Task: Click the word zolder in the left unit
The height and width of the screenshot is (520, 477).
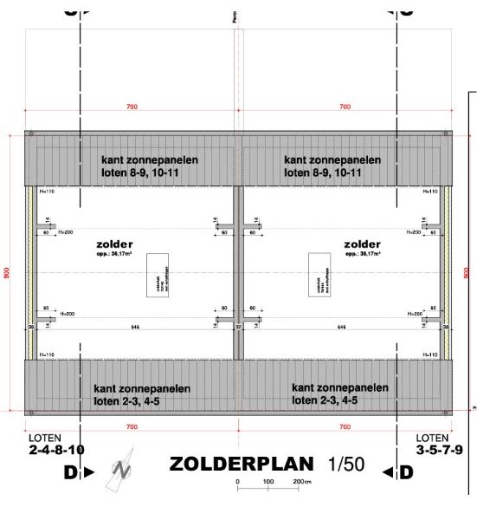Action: [x=114, y=245]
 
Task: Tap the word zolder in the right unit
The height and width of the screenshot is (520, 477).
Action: [x=362, y=245]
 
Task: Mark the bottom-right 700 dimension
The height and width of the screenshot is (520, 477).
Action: [x=345, y=428]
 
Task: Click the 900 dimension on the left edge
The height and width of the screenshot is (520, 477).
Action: [x=7, y=272]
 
